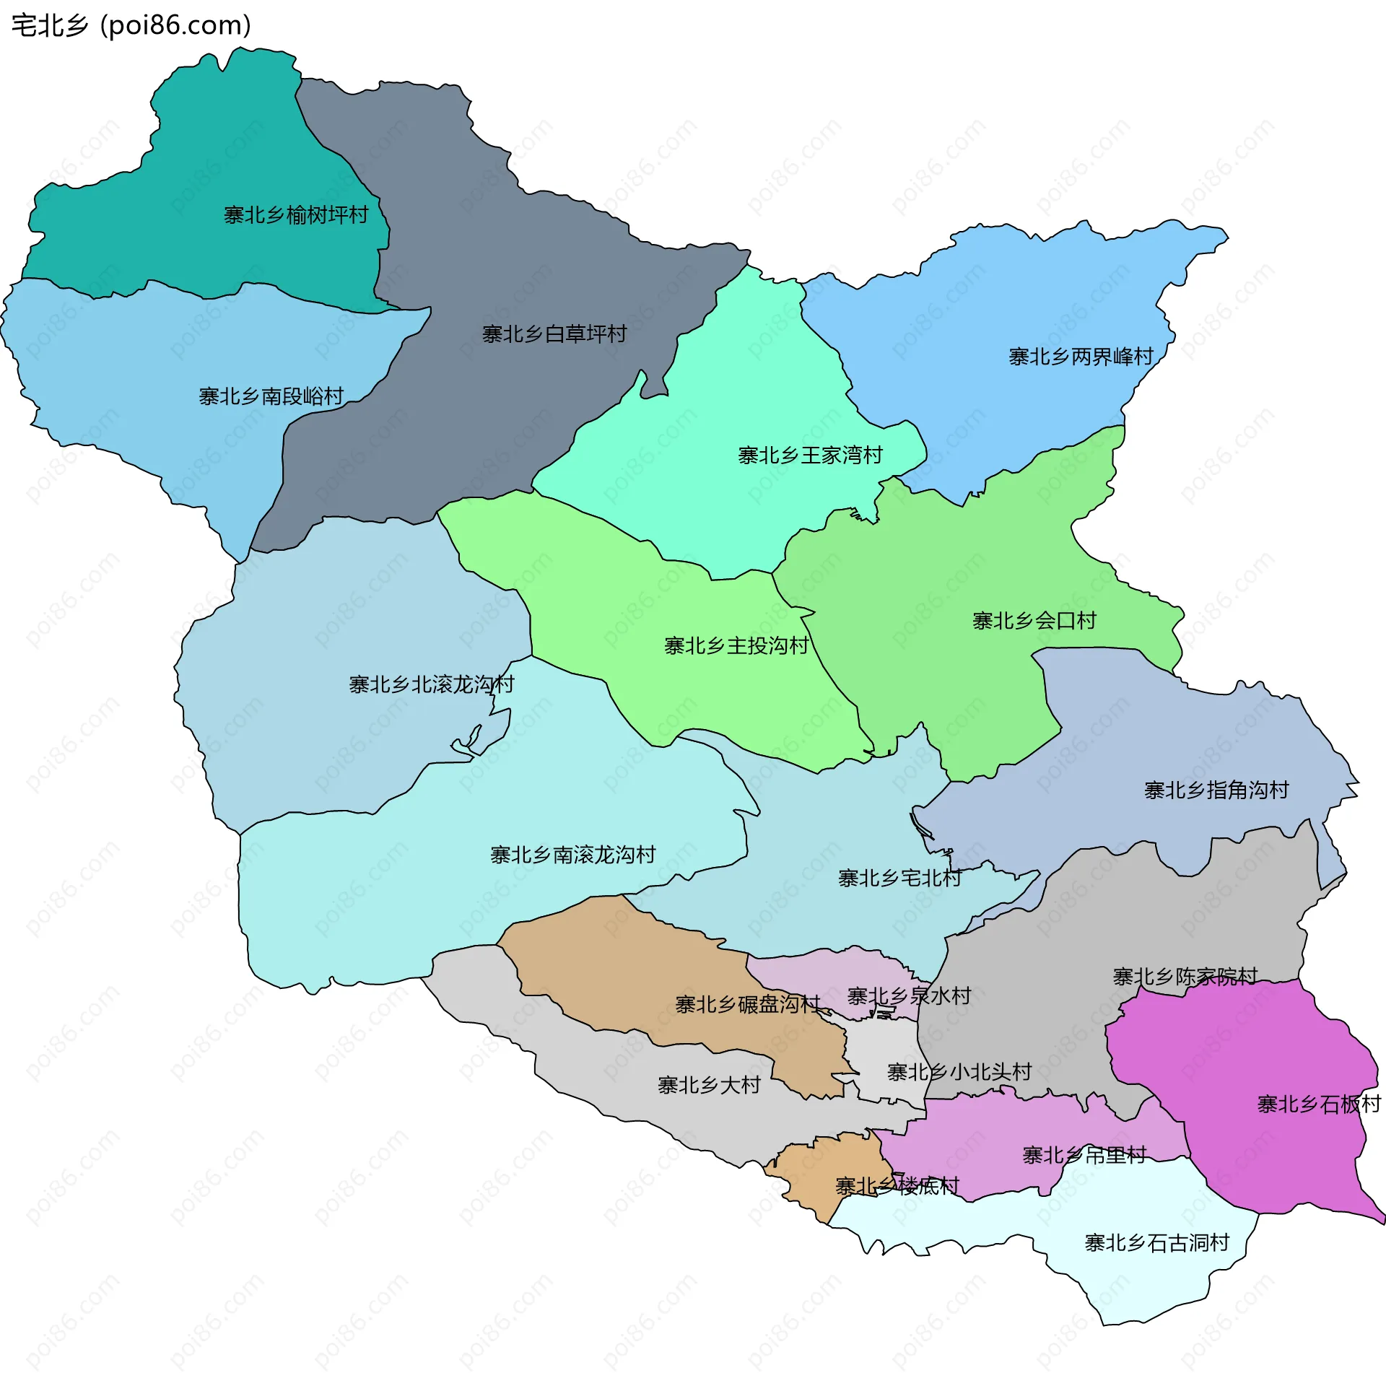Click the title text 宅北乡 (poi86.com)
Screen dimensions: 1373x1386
click(x=131, y=25)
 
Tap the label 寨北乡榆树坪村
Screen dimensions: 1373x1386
click(x=296, y=215)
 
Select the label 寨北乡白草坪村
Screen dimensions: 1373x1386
click(x=554, y=334)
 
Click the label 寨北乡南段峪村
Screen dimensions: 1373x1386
click(x=271, y=396)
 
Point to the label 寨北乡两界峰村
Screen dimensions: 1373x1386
click(x=1081, y=357)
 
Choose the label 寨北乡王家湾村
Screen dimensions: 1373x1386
click(x=810, y=456)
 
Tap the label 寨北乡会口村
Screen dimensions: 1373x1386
click(x=1034, y=621)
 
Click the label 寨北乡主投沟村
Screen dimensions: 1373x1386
click(x=736, y=646)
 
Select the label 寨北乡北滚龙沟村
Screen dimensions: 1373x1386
click(x=431, y=684)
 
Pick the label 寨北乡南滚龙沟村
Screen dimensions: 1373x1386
click(x=572, y=855)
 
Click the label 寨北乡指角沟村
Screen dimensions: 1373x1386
click(x=1216, y=790)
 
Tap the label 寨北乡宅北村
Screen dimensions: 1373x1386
click(x=899, y=879)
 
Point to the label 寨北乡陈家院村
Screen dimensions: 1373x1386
click(x=1185, y=977)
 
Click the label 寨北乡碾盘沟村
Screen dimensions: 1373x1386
click(x=748, y=1004)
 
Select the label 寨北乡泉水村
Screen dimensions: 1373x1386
click(x=909, y=996)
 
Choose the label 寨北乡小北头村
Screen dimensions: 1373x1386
click(x=959, y=1072)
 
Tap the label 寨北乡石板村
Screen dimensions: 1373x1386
click(x=1319, y=1104)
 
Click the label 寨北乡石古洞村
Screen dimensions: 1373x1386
click(x=1156, y=1243)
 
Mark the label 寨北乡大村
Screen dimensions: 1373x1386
click(x=709, y=1085)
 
